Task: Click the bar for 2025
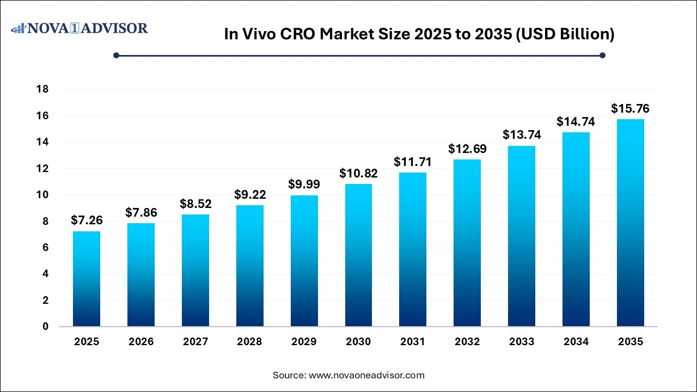point(87,279)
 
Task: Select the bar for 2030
point(358,255)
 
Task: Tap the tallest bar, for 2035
point(630,223)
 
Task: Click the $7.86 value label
point(140,212)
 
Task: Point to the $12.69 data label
point(467,149)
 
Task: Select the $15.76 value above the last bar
point(630,108)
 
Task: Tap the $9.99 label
point(304,184)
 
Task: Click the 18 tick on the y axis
point(41,89)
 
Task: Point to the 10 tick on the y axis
point(41,195)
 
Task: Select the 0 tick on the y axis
point(45,327)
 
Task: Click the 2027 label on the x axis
point(195,342)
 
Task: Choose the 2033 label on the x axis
point(522,342)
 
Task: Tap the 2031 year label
point(413,342)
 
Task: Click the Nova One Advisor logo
point(80,28)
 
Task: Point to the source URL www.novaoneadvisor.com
point(366,375)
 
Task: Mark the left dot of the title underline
point(116,55)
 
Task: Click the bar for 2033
point(522,236)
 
